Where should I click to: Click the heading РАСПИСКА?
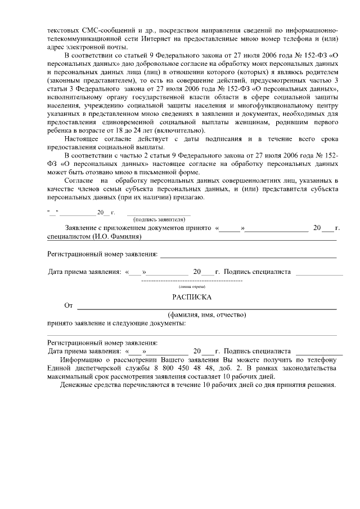pyautogui.click(x=192, y=296)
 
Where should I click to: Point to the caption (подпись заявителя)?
pyautogui.click(x=159, y=219)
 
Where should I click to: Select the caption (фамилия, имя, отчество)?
pyautogui.click(x=206, y=315)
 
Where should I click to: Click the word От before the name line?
pyautogui.click(x=69, y=305)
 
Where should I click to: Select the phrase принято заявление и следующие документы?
pyautogui.click(x=116, y=324)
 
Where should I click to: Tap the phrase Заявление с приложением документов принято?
pyautogui.click(x=138, y=229)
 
